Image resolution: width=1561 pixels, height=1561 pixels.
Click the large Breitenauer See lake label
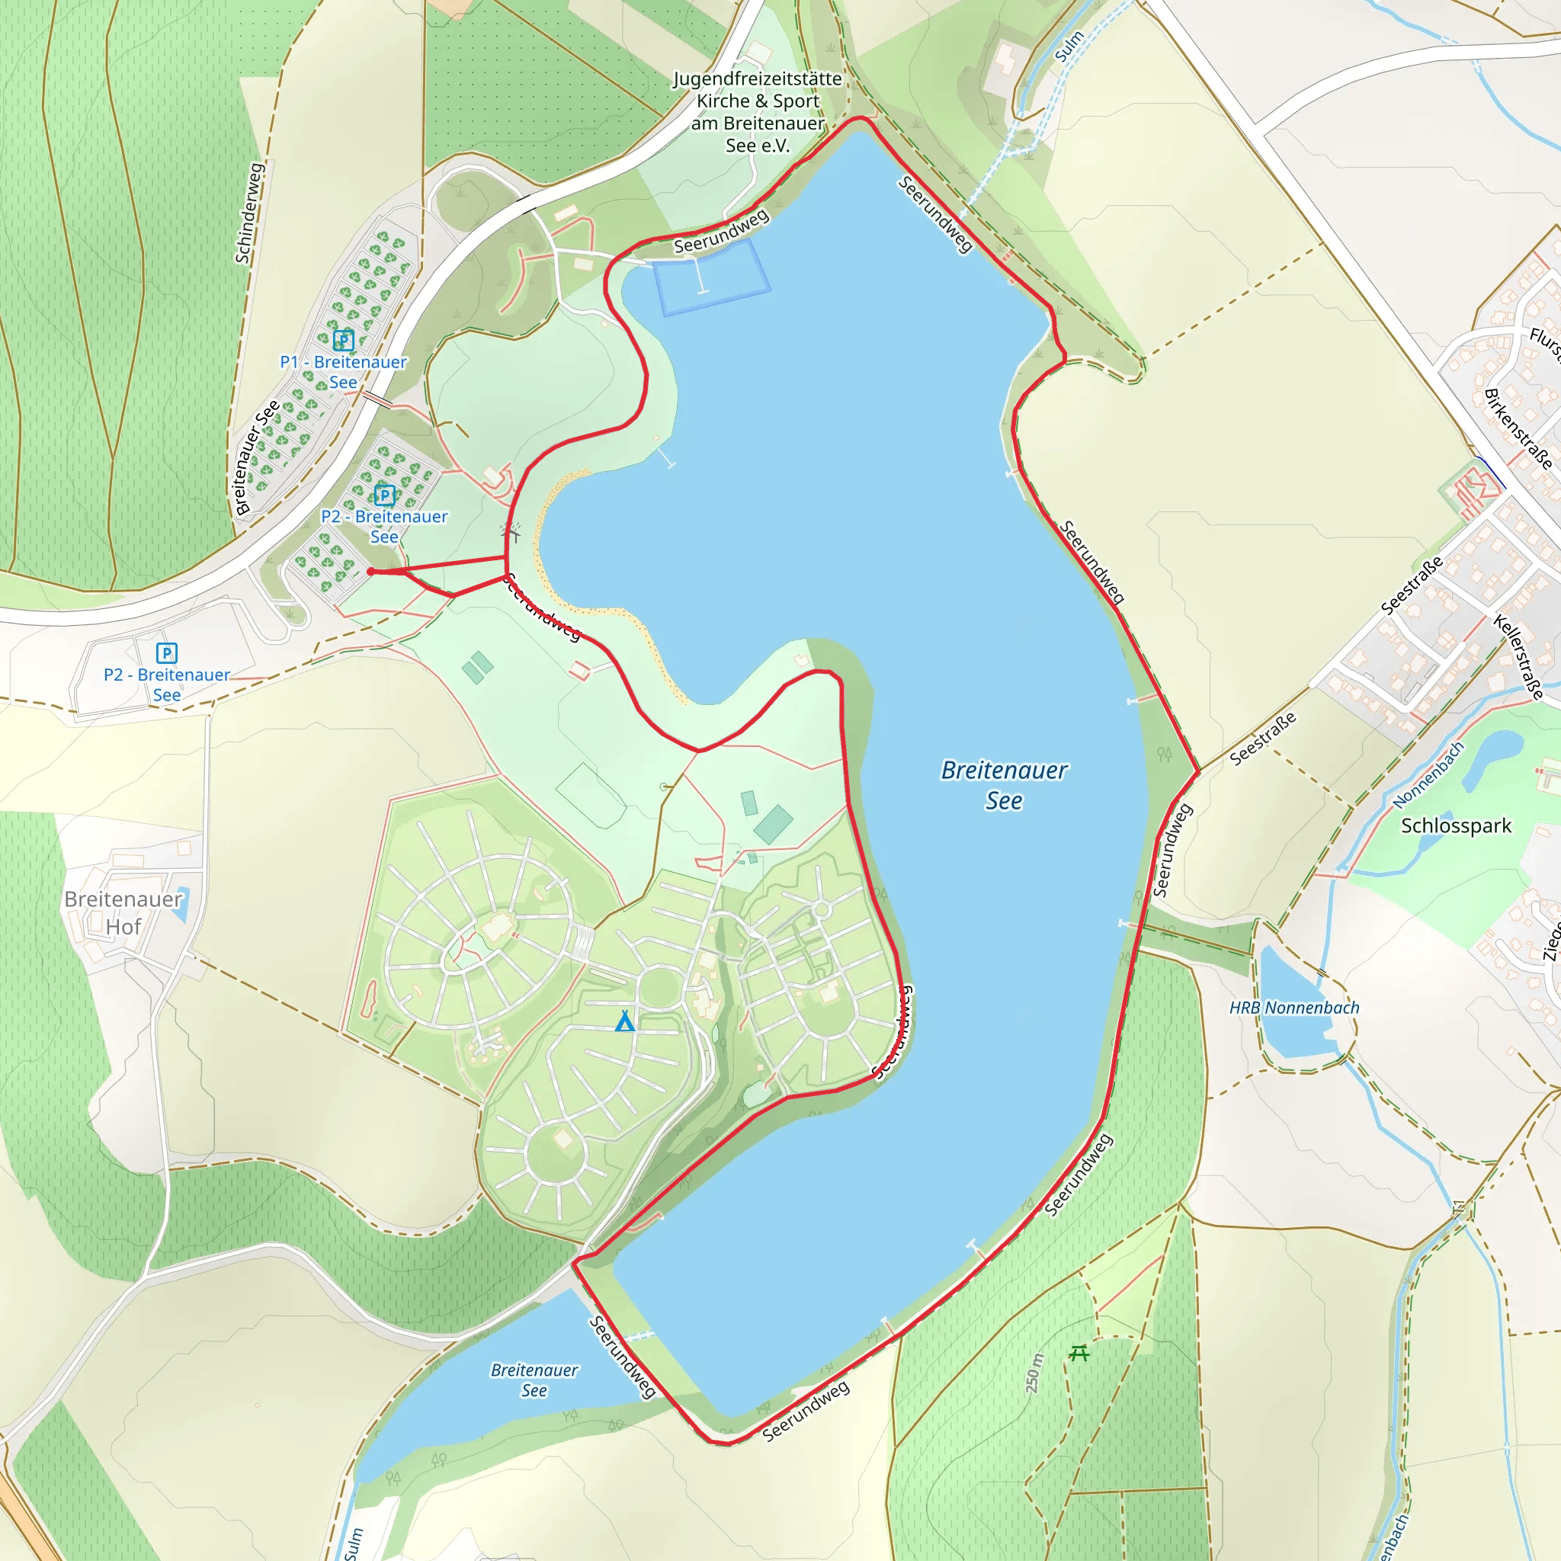[1004, 784]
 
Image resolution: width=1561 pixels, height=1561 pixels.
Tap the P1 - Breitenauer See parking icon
[344, 340]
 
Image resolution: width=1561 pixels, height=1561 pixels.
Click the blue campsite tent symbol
[624, 1021]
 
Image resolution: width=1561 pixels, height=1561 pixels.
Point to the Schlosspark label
[1456, 825]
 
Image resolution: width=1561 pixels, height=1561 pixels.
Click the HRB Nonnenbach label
[1293, 1008]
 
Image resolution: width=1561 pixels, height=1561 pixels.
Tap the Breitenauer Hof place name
[123, 913]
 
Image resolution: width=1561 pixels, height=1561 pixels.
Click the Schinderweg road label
[250, 213]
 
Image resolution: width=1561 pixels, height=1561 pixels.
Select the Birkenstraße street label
[1518, 429]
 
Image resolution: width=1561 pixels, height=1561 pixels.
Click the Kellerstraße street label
[1518, 656]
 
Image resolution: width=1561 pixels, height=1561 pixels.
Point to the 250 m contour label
[1034, 1373]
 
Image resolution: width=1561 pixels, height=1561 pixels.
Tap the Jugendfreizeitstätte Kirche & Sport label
[757, 111]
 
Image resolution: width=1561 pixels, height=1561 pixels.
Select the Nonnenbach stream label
[1428, 775]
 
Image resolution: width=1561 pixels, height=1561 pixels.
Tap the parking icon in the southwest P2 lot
[166, 653]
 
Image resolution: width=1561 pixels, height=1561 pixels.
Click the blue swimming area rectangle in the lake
[711, 279]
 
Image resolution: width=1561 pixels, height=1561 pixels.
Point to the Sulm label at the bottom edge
[354, 1543]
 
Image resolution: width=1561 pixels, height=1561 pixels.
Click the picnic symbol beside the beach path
[511, 533]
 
